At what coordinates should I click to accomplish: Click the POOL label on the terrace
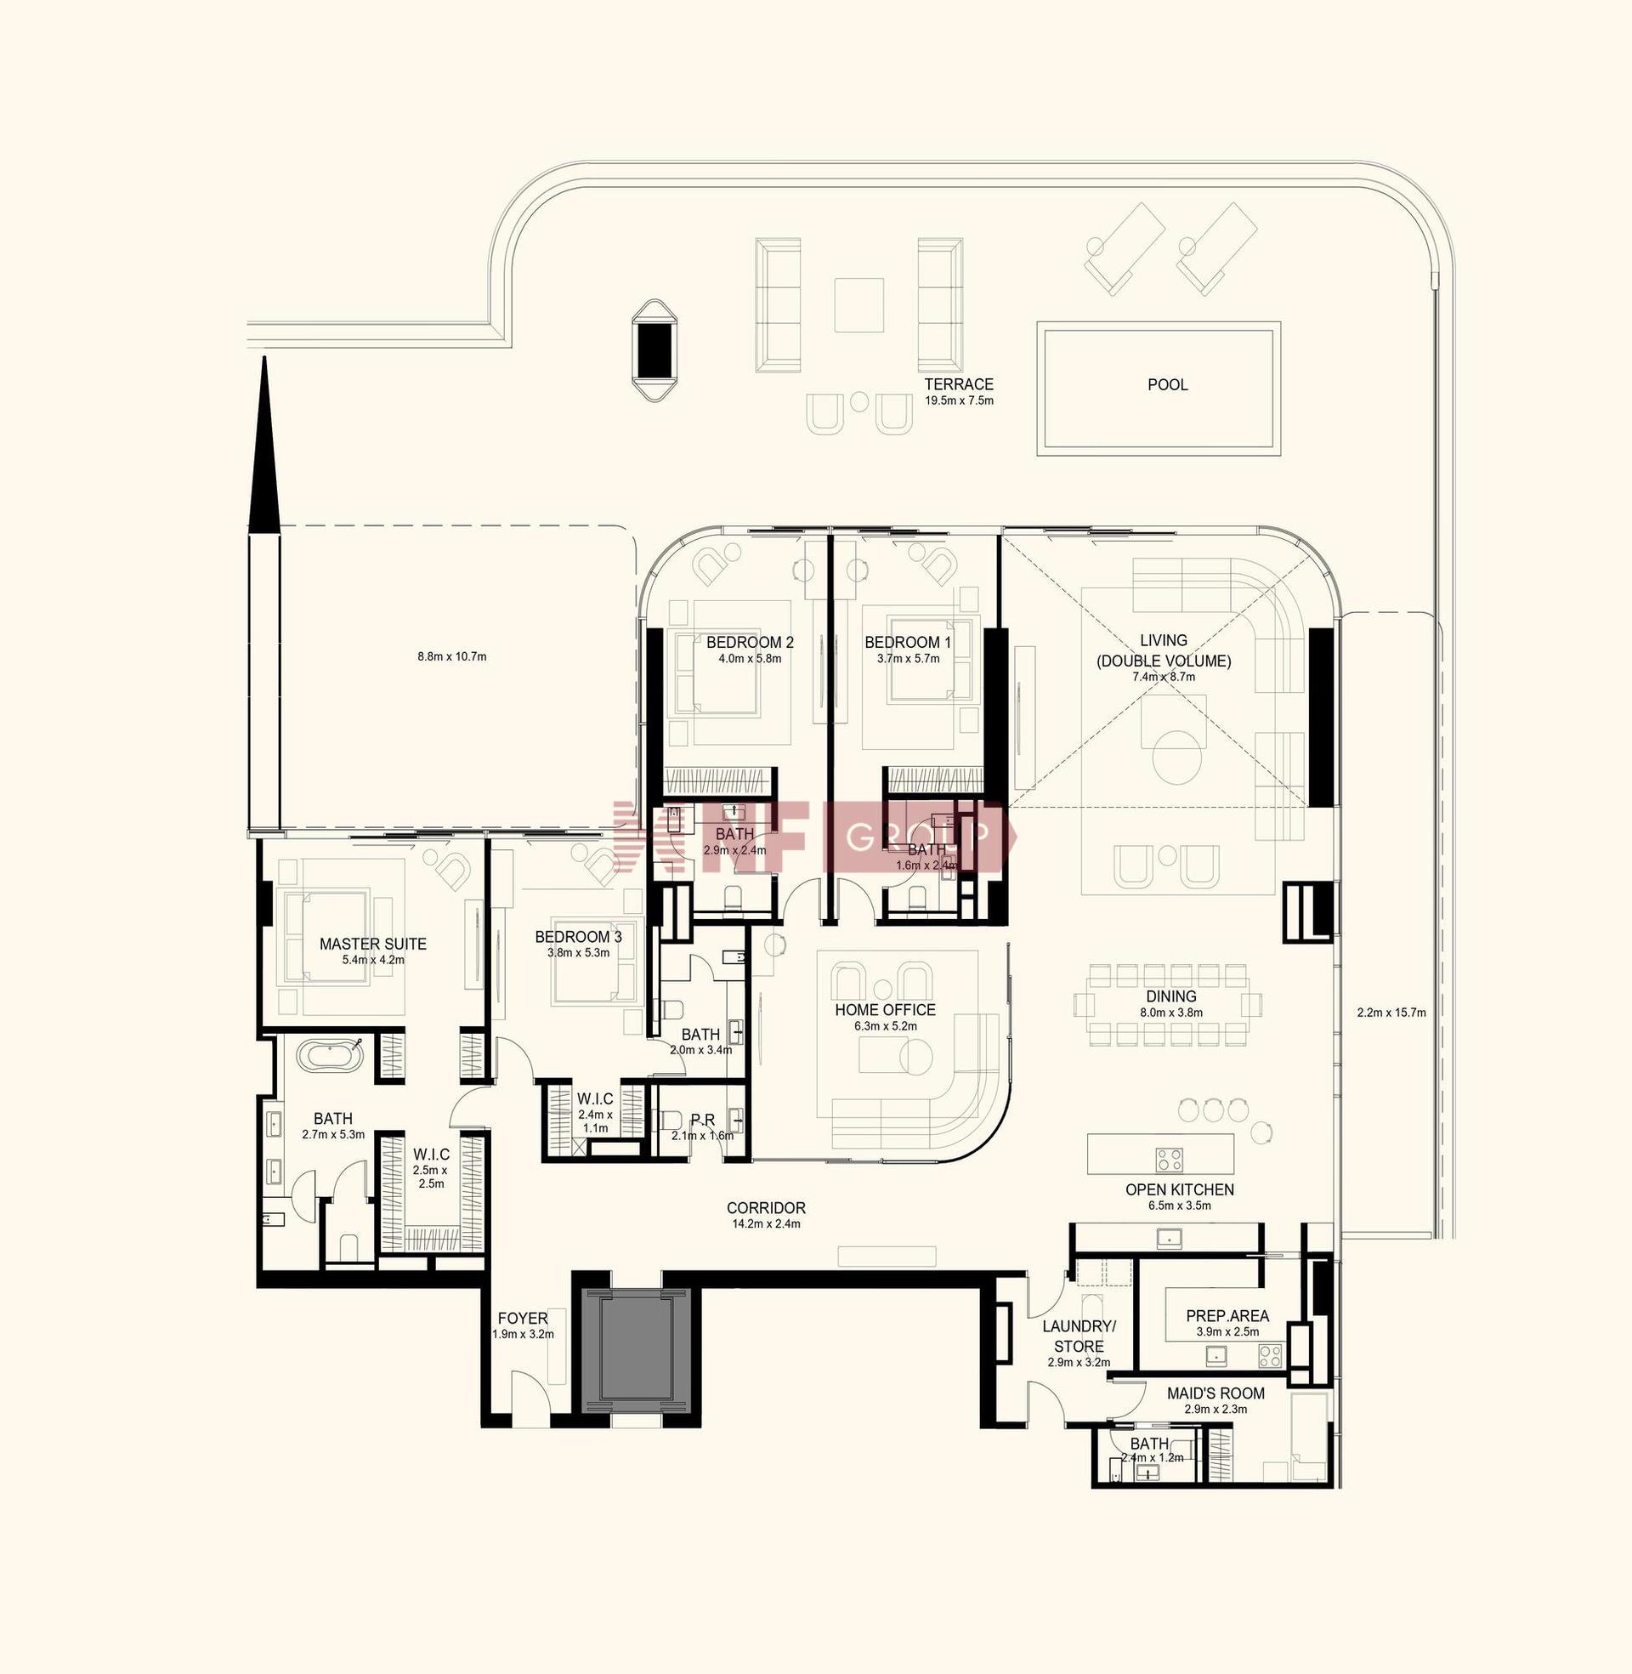1167,385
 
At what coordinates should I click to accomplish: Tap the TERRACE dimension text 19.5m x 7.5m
959,400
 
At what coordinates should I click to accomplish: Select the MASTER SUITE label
373,944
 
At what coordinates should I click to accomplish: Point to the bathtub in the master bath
331,1054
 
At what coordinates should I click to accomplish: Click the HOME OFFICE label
886,1010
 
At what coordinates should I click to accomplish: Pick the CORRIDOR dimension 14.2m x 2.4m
766,1223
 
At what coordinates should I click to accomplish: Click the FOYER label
523,1319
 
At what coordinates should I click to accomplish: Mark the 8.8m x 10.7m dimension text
451,656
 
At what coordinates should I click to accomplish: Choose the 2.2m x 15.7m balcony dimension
1391,1013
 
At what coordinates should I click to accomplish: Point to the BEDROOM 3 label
579,937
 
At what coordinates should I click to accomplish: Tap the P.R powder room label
703,1120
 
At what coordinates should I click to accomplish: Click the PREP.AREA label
1227,1316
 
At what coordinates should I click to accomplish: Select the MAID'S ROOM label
1215,1393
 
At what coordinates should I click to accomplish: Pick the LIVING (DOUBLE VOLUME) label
1163,650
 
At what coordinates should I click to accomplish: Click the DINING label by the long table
1170,996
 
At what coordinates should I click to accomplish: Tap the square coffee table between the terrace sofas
858,305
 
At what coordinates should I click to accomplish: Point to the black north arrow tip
265,357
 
